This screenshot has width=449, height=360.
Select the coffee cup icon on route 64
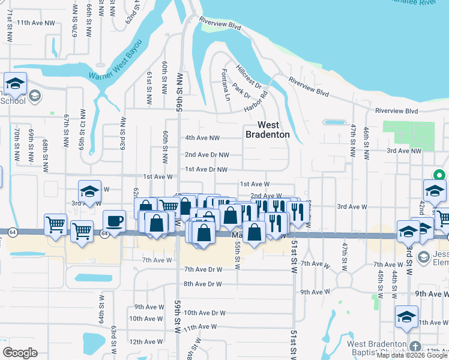pyautogui.click(x=114, y=221)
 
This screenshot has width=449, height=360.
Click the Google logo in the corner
pyautogui.click(x=20, y=353)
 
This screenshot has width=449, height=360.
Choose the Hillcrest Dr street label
pyautogui.click(x=250, y=78)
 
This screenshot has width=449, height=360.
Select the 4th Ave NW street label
pyautogui.click(x=202, y=138)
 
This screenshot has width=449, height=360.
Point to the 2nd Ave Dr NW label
pyautogui.click(x=206, y=154)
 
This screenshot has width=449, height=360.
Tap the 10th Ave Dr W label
pyautogui.click(x=204, y=313)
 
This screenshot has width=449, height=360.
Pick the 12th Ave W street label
pyautogui.click(x=143, y=341)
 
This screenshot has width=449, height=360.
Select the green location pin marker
pyautogui.click(x=439, y=176)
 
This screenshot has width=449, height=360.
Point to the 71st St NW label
pyautogui.click(x=10, y=25)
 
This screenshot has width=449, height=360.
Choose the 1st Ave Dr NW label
pyautogui.click(x=206, y=169)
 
